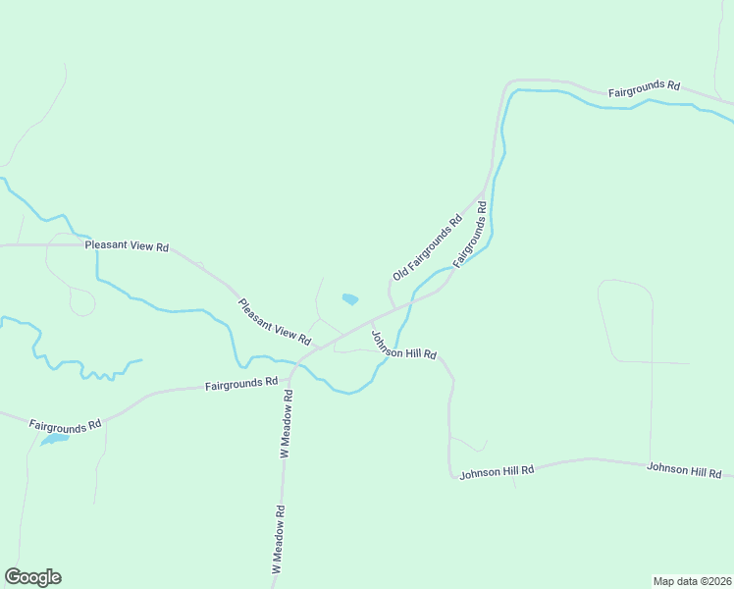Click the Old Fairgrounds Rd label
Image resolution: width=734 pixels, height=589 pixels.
pyautogui.click(x=427, y=248)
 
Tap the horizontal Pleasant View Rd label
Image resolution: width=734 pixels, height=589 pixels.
pyautogui.click(x=127, y=245)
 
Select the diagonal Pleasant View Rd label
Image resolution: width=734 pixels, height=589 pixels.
pyautogui.click(x=274, y=321)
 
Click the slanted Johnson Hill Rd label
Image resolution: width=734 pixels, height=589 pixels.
pyautogui.click(x=402, y=346)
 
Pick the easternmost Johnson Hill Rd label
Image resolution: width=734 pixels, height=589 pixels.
pyautogui.click(x=684, y=471)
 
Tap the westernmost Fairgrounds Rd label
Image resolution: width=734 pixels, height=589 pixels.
pyautogui.click(x=65, y=426)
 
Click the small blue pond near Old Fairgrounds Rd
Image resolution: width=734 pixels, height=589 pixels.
pyautogui.click(x=349, y=298)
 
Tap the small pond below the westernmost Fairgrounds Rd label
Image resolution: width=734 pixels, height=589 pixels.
pyautogui.click(x=53, y=440)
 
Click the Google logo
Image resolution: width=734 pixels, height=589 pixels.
pyautogui.click(x=32, y=577)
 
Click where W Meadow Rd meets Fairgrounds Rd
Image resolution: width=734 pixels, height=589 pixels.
pyautogui.click(x=292, y=376)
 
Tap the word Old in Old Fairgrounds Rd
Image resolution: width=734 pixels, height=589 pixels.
pyautogui.click(x=399, y=273)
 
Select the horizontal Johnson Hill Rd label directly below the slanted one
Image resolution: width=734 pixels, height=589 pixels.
pyautogui.click(x=497, y=471)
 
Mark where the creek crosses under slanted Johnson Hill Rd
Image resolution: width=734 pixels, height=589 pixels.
pyautogui.click(x=385, y=358)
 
